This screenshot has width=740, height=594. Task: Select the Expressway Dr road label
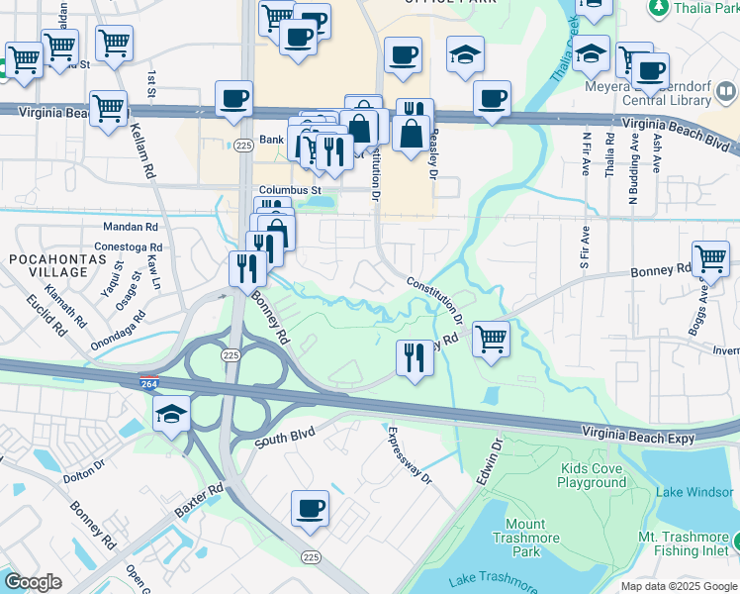409,454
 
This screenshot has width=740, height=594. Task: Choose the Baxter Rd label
201,504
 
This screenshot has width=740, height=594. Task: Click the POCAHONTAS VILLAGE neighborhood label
48,265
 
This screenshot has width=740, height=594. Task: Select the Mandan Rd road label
138,226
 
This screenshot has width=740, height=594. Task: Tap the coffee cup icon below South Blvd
310,510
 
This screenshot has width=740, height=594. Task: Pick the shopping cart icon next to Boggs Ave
710,259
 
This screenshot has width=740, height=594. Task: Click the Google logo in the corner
33,582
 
